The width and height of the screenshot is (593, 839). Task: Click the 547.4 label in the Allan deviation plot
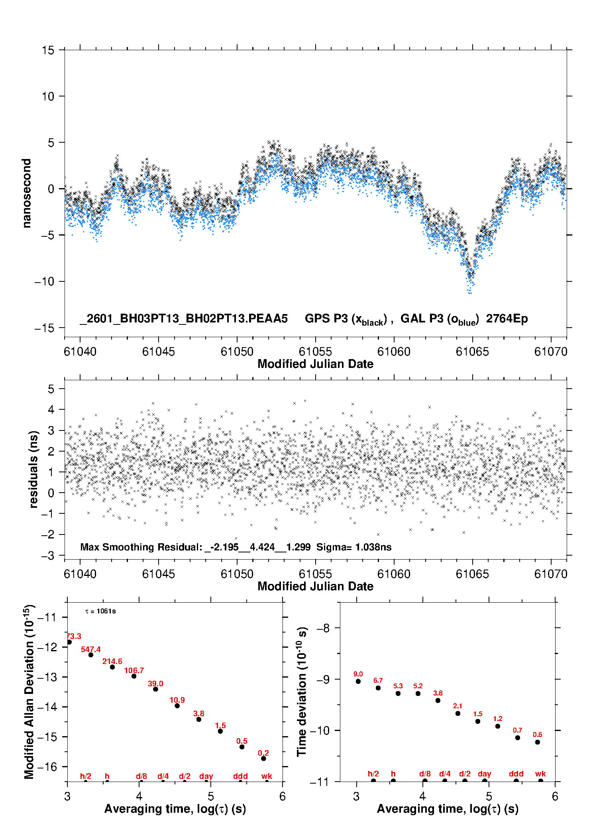[x=90, y=649]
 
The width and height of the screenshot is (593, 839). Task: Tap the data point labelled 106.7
[x=134, y=676]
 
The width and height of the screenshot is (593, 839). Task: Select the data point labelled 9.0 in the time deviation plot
[x=358, y=681]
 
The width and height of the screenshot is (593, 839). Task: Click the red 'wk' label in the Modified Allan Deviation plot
[x=267, y=776]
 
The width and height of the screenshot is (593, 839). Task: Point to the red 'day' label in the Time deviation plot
[x=484, y=774]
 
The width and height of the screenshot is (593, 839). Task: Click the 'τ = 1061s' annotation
[x=100, y=611]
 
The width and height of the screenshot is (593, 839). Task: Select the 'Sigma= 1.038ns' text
[x=354, y=547]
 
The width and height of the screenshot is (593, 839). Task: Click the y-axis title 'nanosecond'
[x=26, y=193]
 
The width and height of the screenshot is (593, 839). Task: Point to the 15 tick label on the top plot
[x=48, y=50]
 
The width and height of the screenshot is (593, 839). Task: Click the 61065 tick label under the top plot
[x=472, y=352]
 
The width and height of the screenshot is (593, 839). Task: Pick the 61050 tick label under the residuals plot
[x=237, y=574]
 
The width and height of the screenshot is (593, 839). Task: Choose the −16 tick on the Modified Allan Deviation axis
[x=47, y=766]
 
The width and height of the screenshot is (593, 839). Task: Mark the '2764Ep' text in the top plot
[x=507, y=318]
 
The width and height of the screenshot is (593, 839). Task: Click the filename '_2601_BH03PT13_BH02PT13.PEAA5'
[x=184, y=318]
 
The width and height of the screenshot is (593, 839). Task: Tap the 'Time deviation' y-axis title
[x=302, y=692]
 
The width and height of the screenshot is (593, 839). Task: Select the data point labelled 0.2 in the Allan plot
[x=263, y=758]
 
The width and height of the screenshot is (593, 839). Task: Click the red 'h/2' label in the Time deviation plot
[x=373, y=774]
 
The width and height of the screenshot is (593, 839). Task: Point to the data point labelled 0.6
[x=538, y=742]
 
